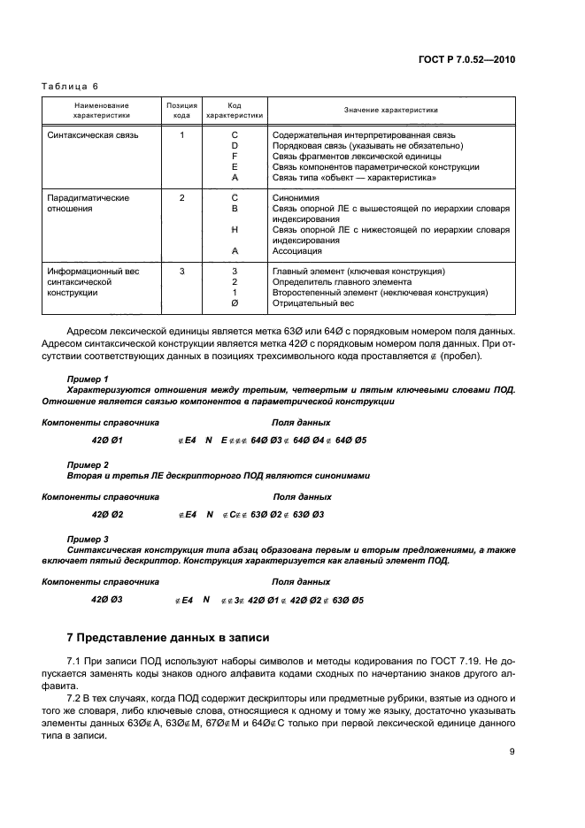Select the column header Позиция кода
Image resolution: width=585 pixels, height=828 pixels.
181,110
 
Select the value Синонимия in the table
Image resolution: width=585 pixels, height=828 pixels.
296,198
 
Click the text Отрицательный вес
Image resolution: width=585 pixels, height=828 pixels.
313,303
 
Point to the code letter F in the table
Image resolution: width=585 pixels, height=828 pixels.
235,156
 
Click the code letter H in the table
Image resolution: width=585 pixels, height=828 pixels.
235,230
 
